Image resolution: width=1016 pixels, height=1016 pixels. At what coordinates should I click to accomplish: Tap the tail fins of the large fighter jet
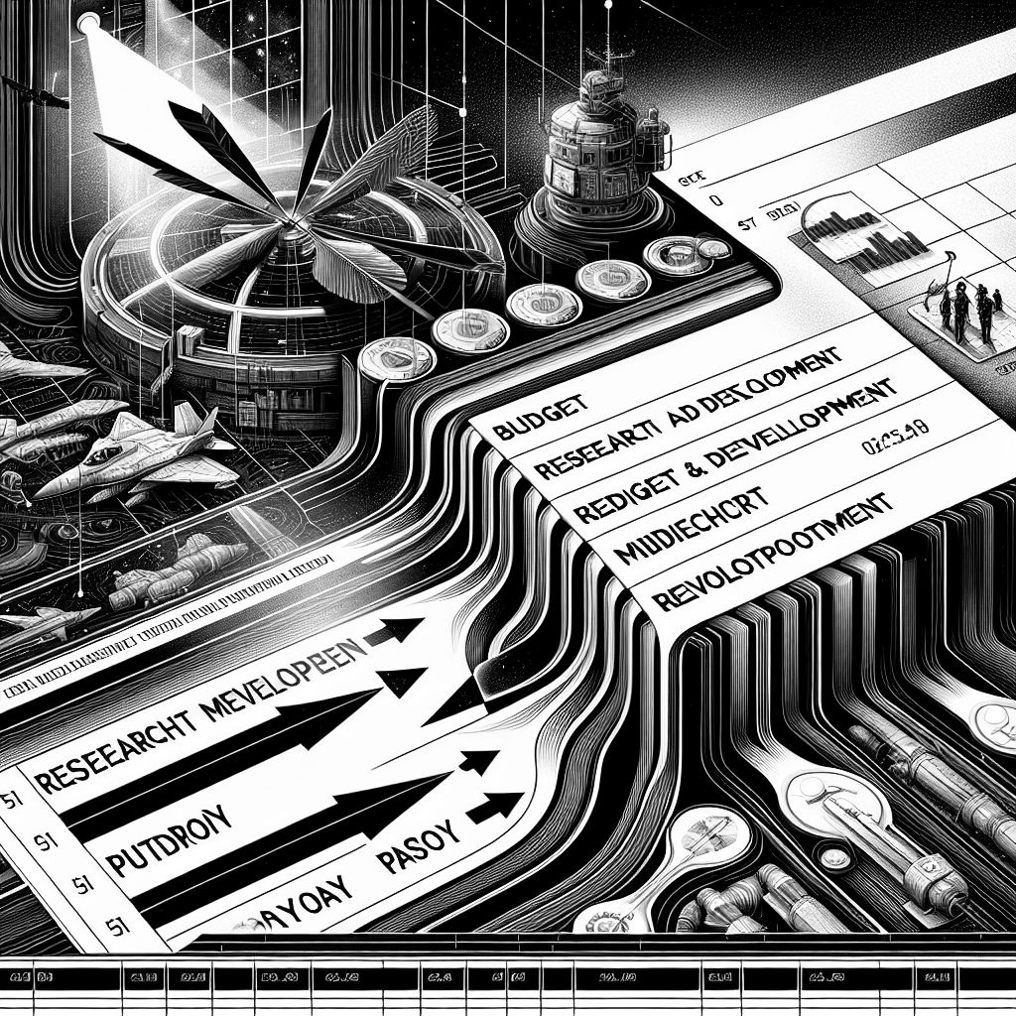[198, 427]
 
